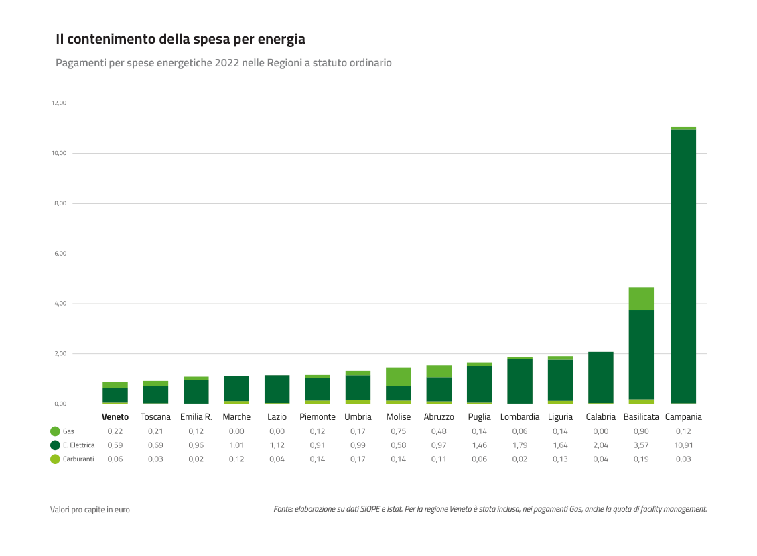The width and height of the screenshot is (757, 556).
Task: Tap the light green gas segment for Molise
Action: (399, 376)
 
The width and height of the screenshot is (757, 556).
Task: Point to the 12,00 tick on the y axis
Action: (58, 103)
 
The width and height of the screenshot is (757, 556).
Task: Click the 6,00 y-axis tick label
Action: (58, 254)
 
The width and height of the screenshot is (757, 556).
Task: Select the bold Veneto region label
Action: (115, 417)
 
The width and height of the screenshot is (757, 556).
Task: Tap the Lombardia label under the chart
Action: (519, 417)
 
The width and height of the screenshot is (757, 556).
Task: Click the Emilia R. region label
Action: (196, 417)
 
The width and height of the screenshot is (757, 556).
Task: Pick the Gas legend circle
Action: (55, 431)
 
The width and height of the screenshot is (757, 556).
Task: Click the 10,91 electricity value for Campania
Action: (683, 445)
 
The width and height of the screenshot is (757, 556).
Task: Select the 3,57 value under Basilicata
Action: (641, 445)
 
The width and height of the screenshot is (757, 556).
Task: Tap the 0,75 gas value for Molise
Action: (399, 431)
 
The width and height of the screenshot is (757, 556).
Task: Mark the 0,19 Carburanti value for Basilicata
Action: (641, 459)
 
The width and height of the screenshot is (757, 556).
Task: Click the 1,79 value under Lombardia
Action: (519, 445)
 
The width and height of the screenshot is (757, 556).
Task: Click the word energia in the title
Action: (281, 40)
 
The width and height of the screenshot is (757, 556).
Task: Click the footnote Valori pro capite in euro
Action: (90, 510)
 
